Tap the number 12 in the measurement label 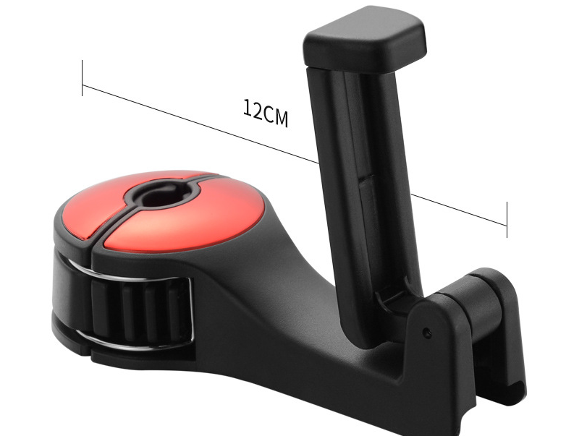tap(253, 110)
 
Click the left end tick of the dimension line tap(83, 78)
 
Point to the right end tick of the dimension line tap(507, 220)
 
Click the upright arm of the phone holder tap(362, 181)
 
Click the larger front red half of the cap tap(181, 224)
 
